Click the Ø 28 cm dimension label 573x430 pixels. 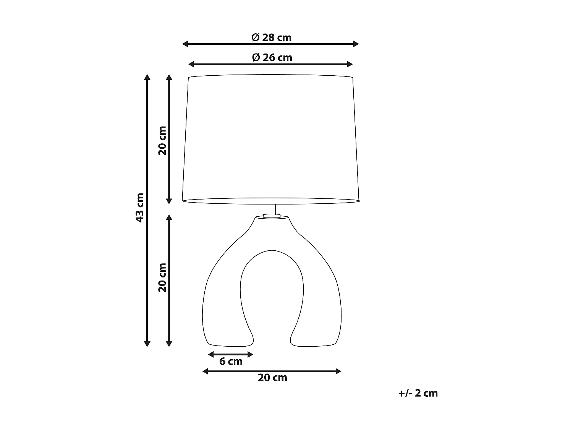coord(271,37)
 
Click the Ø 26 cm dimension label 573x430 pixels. coord(272,58)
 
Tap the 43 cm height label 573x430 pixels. coord(140,208)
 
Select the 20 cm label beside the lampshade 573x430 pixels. coord(163,140)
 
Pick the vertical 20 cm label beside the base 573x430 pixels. coord(163,277)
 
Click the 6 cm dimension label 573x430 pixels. coord(231,361)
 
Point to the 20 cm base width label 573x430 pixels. coord(272,378)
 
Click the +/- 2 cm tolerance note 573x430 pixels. coord(418,393)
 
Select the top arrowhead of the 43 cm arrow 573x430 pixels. coord(147,77)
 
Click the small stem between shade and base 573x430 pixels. coord(272,210)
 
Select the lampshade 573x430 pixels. coord(271,138)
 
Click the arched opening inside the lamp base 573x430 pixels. coord(272,290)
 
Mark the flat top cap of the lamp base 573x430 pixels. coord(272,217)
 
